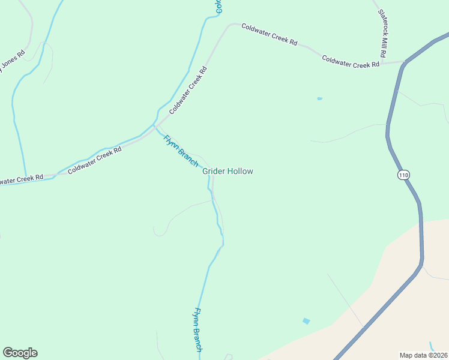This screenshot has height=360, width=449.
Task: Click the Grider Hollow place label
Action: coord(228,172)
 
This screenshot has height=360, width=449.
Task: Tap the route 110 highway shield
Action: coord(403,175)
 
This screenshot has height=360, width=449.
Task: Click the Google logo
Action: coord(20,353)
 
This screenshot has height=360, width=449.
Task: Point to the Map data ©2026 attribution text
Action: coord(423,355)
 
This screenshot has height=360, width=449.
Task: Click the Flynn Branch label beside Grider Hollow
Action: coord(181,151)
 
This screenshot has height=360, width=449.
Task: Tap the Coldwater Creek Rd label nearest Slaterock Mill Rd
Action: coord(351,62)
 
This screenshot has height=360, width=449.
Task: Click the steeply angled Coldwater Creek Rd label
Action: coord(188,90)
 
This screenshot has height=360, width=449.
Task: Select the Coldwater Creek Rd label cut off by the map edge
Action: coord(21,179)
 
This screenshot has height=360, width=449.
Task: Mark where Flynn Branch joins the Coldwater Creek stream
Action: coord(155,125)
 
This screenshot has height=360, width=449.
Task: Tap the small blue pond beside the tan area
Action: coord(307,321)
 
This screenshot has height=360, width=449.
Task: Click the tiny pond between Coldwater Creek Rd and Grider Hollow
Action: coord(319,98)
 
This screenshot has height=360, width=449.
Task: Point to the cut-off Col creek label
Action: coord(219,7)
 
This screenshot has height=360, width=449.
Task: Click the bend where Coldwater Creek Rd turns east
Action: coord(230,25)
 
